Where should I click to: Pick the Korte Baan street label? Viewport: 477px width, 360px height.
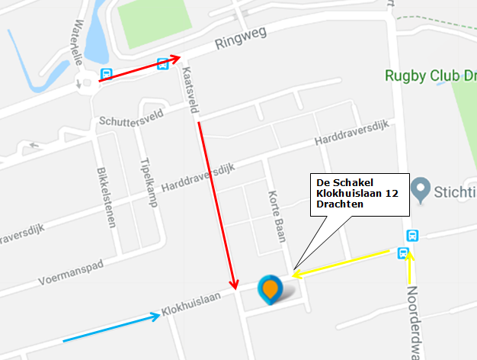[x=277, y=214]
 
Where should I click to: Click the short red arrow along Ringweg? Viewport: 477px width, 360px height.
[x=141, y=68]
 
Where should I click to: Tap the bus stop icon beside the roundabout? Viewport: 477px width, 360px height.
[x=107, y=75]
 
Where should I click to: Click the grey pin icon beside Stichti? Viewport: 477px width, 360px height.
[x=419, y=187]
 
